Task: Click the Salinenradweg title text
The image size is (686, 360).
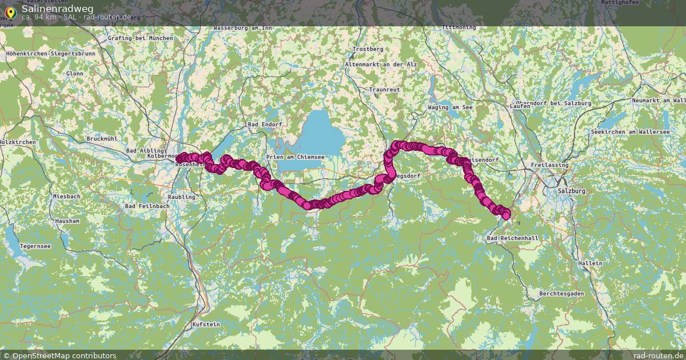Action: click(x=57, y=9)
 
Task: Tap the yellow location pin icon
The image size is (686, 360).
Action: click(x=10, y=11)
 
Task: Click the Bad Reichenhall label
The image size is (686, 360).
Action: click(x=512, y=237)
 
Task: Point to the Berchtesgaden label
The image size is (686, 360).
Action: click(x=561, y=293)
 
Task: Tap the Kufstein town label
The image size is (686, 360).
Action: click(x=206, y=324)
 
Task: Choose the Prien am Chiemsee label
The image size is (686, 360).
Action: click(x=296, y=157)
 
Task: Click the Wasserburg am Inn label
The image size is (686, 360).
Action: click(x=242, y=27)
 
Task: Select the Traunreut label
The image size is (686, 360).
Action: click(x=384, y=90)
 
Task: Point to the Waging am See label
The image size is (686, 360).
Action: click(x=450, y=107)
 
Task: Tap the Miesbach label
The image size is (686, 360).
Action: click(x=66, y=196)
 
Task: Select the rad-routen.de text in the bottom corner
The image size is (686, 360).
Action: click(x=658, y=355)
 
